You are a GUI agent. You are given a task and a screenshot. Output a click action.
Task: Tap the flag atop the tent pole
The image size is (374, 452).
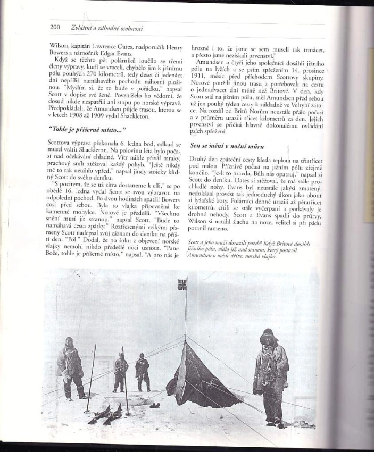point(182,284)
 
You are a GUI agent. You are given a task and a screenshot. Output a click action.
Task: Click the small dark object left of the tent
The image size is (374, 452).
point(155,406)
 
